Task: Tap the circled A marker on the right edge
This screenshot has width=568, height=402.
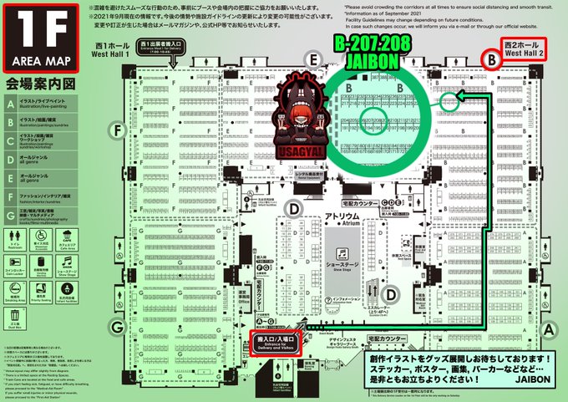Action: [548, 329]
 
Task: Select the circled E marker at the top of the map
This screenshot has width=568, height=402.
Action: [314, 59]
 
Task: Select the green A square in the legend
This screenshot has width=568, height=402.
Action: [12, 104]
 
